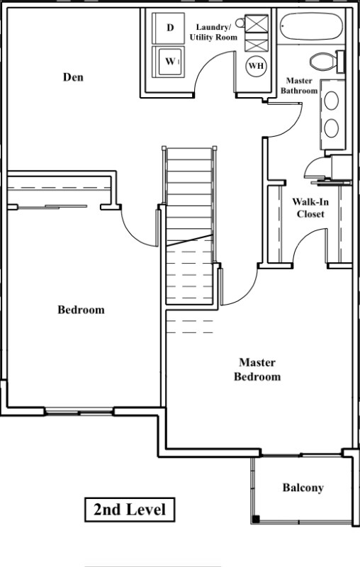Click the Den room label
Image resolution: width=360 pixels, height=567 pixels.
pyautogui.click(x=73, y=77)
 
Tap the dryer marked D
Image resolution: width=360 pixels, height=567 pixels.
pyautogui.click(x=169, y=28)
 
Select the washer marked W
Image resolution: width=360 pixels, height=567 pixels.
pyautogui.click(x=169, y=62)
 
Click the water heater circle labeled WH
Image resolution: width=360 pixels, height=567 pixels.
pyautogui.click(x=257, y=66)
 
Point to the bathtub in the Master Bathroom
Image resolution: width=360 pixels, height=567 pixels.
pyautogui.click(x=311, y=26)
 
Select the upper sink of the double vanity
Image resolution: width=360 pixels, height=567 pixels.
pyautogui.click(x=332, y=101)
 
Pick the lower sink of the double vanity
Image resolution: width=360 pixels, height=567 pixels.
pyautogui.click(x=332, y=128)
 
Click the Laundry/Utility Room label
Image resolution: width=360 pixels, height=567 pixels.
pyautogui.click(x=213, y=32)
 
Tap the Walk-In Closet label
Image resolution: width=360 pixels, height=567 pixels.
pyautogui.click(x=310, y=208)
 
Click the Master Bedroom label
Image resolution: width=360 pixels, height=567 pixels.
pyautogui.click(x=257, y=369)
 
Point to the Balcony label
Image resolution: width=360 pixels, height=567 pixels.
pyautogui.click(x=303, y=488)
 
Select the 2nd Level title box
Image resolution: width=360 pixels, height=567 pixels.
pyautogui.click(x=130, y=510)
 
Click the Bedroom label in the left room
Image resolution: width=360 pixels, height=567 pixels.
pyautogui.click(x=81, y=310)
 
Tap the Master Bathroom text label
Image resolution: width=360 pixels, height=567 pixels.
pyautogui.click(x=299, y=86)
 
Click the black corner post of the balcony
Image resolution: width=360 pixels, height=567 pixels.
pyautogui.click(x=256, y=520)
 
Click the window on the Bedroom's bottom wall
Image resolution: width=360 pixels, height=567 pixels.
pyautogui.click(x=79, y=411)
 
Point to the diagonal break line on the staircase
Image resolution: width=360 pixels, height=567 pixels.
pyautogui.click(x=189, y=240)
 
